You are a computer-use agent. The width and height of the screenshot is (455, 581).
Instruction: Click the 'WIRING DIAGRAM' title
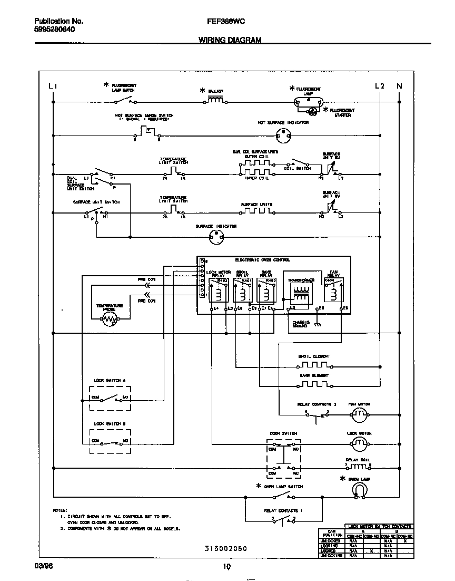pyautogui.click(x=230, y=40)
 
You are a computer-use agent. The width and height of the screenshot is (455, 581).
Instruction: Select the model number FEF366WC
pyautogui.click(x=226, y=22)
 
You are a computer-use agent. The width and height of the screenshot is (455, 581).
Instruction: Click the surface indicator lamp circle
pyautogui.click(x=215, y=238)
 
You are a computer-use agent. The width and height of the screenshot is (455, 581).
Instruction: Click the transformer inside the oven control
pyautogui.click(x=301, y=293)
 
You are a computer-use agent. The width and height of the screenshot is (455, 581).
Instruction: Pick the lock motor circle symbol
pyautogui.click(x=360, y=444)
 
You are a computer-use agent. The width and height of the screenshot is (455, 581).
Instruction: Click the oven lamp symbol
pyautogui.click(x=359, y=491)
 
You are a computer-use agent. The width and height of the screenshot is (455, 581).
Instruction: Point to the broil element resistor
pyautogui.click(x=314, y=364)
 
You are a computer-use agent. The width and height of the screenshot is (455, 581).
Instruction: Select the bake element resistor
pyautogui.click(x=314, y=383)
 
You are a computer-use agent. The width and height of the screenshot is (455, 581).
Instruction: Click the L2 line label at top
pyautogui.click(x=380, y=86)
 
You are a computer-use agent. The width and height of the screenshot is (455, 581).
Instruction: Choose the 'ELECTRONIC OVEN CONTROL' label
pyautogui.click(x=262, y=260)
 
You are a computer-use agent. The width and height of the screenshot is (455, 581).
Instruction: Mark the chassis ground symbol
pyautogui.click(x=317, y=325)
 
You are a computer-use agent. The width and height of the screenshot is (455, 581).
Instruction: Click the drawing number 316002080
pyautogui.click(x=226, y=548)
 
